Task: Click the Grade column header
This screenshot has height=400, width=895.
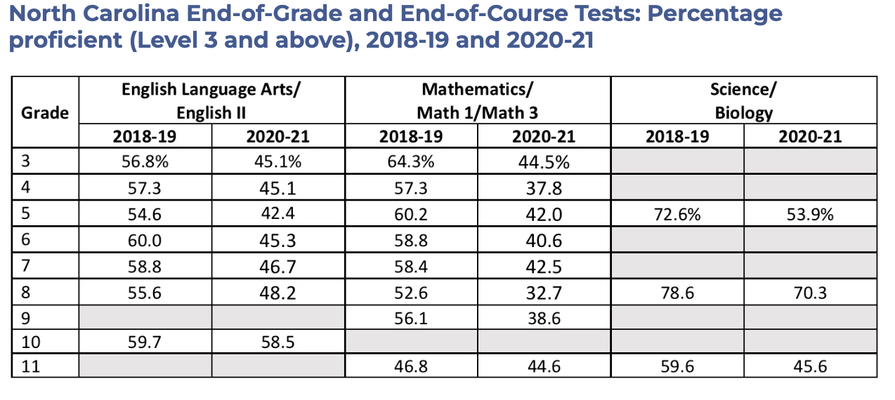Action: tap(45, 112)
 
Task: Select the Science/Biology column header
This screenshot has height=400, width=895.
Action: tap(743, 101)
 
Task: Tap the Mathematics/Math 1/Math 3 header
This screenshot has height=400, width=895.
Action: tap(478, 101)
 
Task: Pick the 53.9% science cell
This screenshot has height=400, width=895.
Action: tap(810, 215)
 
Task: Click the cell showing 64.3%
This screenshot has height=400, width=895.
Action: tap(411, 161)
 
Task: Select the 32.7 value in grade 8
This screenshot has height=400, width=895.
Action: tap(544, 293)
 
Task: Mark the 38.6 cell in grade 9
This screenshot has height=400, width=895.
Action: tap(544, 319)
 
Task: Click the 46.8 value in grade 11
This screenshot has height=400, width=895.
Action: tap(411, 366)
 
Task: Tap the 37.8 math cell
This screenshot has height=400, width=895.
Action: tap(544, 188)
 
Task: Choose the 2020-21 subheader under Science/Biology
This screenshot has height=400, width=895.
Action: tap(810, 136)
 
